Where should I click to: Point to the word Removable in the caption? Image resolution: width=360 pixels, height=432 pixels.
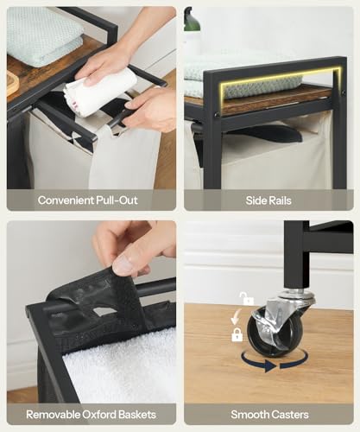click(x=53, y=415)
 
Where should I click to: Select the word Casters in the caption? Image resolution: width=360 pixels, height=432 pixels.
click(x=289, y=415)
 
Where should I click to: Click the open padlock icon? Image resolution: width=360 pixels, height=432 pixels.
click(x=246, y=299)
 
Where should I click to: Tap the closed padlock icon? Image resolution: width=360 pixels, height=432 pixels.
click(x=237, y=334)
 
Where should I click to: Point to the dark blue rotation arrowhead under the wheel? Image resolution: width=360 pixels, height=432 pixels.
click(x=271, y=366)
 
